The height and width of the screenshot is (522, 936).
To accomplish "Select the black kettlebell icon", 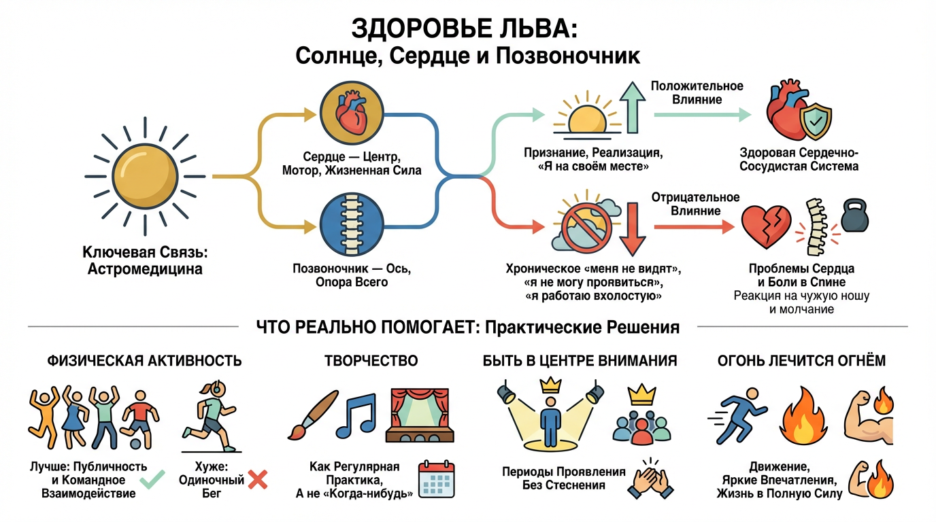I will [x=856, y=216].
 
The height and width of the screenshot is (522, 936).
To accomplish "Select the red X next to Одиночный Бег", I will [x=258, y=480].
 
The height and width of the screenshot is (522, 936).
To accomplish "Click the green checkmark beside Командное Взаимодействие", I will [x=152, y=481].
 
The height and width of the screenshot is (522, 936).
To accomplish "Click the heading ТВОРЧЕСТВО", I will [x=371, y=360].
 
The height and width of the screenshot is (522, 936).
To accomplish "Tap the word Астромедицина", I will [x=145, y=269].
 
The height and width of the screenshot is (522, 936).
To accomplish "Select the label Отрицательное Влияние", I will [x=695, y=204].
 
